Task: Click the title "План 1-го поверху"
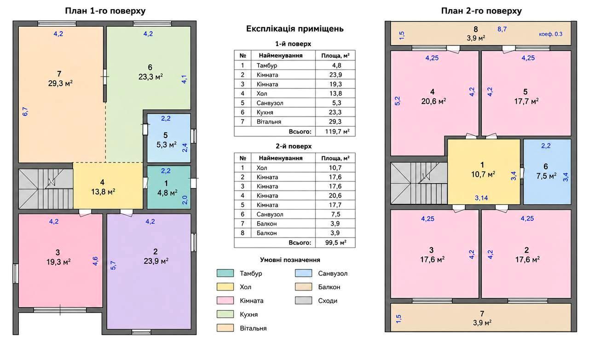(x=105, y=11)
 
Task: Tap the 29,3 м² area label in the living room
(x=60, y=83)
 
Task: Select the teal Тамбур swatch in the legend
(x=225, y=273)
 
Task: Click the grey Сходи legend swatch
(x=303, y=300)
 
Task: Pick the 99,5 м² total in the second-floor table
(x=335, y=242)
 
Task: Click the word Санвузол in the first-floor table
(x=270, y=103)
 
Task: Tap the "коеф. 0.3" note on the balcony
(x=551, y=34)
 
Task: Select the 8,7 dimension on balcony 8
(x=502, y=29)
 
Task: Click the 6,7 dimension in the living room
(x=25, y=111)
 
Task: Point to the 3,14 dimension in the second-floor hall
(x=481, y=198)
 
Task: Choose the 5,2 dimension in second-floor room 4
(x=398, y=101)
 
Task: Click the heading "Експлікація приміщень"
(x=295, y=29)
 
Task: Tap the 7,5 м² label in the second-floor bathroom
(x=546, y=176)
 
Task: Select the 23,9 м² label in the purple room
(x=156, y=261)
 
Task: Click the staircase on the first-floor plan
(x=46, y=189)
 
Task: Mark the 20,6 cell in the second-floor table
(x=335, y=196)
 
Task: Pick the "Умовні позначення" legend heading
(x=290, y=260)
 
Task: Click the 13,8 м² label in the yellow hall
(x=103, y=192)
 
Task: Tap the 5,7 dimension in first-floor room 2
(x=113, y=265)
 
